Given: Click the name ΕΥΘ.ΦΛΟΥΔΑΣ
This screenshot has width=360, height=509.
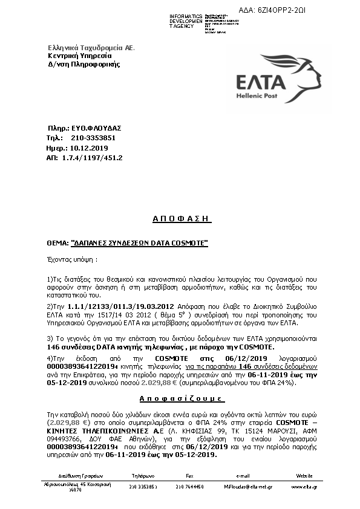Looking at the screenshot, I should tap(96, 128).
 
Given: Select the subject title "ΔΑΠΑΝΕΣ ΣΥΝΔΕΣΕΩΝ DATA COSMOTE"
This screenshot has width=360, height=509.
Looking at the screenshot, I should tap(140, 243).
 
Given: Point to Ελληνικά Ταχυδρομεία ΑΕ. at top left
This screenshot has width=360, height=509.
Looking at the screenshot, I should tap(91, 47).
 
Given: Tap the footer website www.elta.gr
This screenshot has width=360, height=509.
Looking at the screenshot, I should tap(305, 486).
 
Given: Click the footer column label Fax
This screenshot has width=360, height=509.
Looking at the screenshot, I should tap(189, 476).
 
